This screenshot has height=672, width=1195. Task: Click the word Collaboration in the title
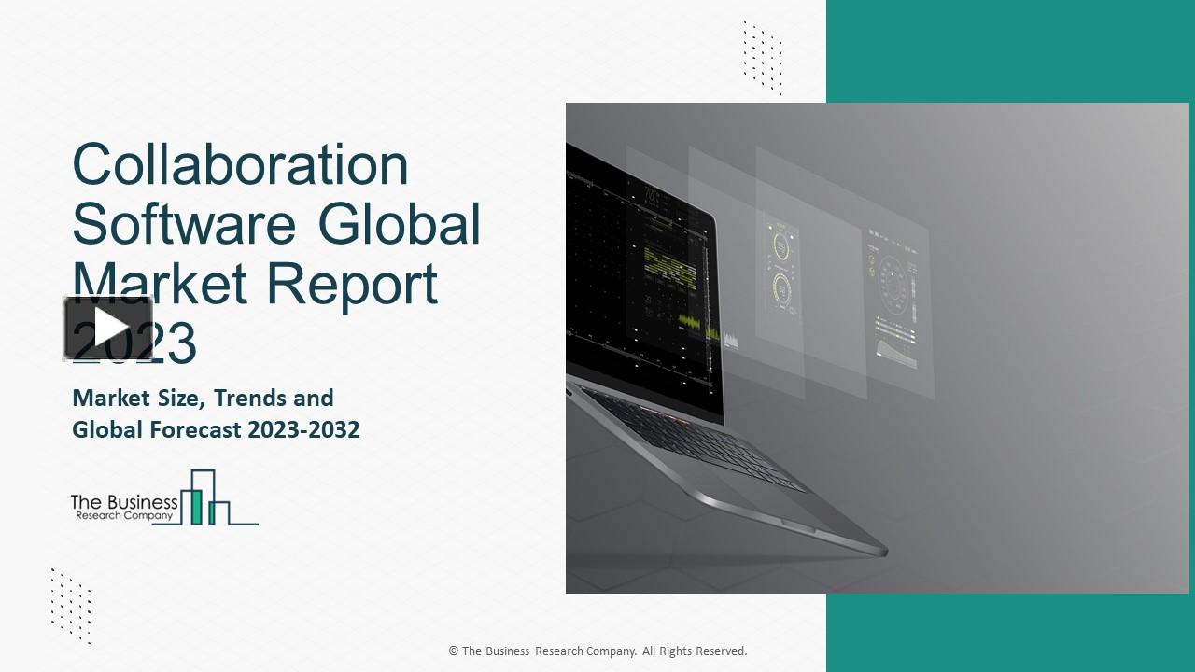coord(240,165)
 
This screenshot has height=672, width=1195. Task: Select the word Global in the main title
coord(400,224)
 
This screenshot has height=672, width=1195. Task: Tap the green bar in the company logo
coord(196,505)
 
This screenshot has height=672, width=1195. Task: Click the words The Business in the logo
coord(124,502)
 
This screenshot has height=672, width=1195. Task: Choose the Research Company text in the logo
coord(124,515)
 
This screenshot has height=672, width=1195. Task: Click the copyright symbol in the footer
coord(454,651)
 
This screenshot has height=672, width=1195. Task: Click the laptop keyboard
coord(691,439)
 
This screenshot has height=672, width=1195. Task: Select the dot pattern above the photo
coord(763,58)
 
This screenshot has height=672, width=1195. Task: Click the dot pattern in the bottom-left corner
coord(71,605)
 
